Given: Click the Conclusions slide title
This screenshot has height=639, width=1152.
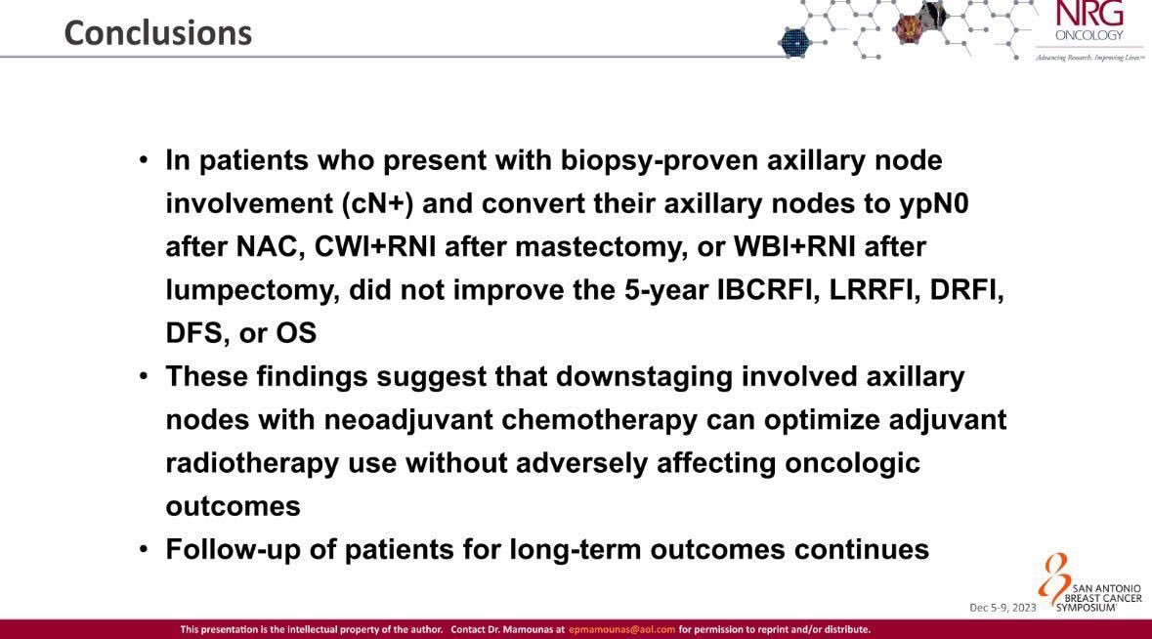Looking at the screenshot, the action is click(x=158, y=33).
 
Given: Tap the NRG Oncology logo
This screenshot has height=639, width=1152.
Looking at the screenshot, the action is click(x=1089, y=30).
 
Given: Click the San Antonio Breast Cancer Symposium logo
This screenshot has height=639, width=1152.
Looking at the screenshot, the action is click(x=1090, y=585).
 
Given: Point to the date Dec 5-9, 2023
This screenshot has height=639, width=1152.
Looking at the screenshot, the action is click(x=1003, y=608).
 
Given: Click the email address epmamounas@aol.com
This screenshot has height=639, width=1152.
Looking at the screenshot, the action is click(x=621, y=629).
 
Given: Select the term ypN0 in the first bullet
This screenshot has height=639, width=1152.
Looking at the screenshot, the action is click(x=934, y=203).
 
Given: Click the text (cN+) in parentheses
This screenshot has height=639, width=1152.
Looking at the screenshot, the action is click(x=377, y=203).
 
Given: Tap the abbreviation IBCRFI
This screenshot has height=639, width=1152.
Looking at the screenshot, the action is click(x=769, y=289).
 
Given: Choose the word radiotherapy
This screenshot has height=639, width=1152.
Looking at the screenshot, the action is click(x=252, y=463).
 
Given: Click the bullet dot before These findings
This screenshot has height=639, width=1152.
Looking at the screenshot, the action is click(x=144, y=377).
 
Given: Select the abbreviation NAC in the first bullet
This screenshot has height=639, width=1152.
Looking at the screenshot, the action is click(x=266, y=247).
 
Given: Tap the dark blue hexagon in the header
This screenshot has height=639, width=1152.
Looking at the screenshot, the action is click(x=794, y=43).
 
